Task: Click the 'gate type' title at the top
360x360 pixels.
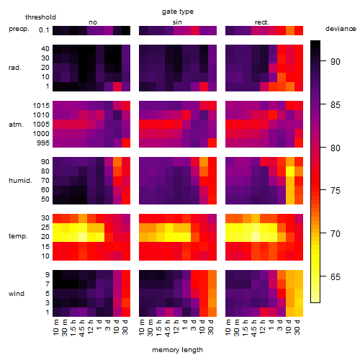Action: coord(178,12)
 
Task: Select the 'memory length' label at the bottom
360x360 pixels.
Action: coord(177,350)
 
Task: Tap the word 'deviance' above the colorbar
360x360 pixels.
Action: coord(341,29)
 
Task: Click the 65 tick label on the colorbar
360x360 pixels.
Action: coord(336,276)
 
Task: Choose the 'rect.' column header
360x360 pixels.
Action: coord(261,22)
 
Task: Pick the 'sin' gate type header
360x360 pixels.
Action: coord(177,22)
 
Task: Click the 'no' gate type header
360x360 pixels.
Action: coord(93,22)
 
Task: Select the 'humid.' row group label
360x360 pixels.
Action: coord(20,180)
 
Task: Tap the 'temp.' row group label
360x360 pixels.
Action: coord(18,236)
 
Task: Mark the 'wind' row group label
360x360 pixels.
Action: coord(17,294)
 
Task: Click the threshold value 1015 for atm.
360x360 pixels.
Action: coord(41,105)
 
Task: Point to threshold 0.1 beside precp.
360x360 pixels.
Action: coord(44,30)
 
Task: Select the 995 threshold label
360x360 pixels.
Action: coord(43,143)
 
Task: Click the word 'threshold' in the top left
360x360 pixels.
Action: coord(40,17)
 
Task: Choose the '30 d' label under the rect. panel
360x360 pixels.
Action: coord(297,327)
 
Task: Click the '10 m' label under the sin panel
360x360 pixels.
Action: coord(142,328)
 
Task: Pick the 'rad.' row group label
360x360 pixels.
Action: coord(15,68)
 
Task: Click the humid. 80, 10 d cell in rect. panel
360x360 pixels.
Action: coord(290,171)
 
